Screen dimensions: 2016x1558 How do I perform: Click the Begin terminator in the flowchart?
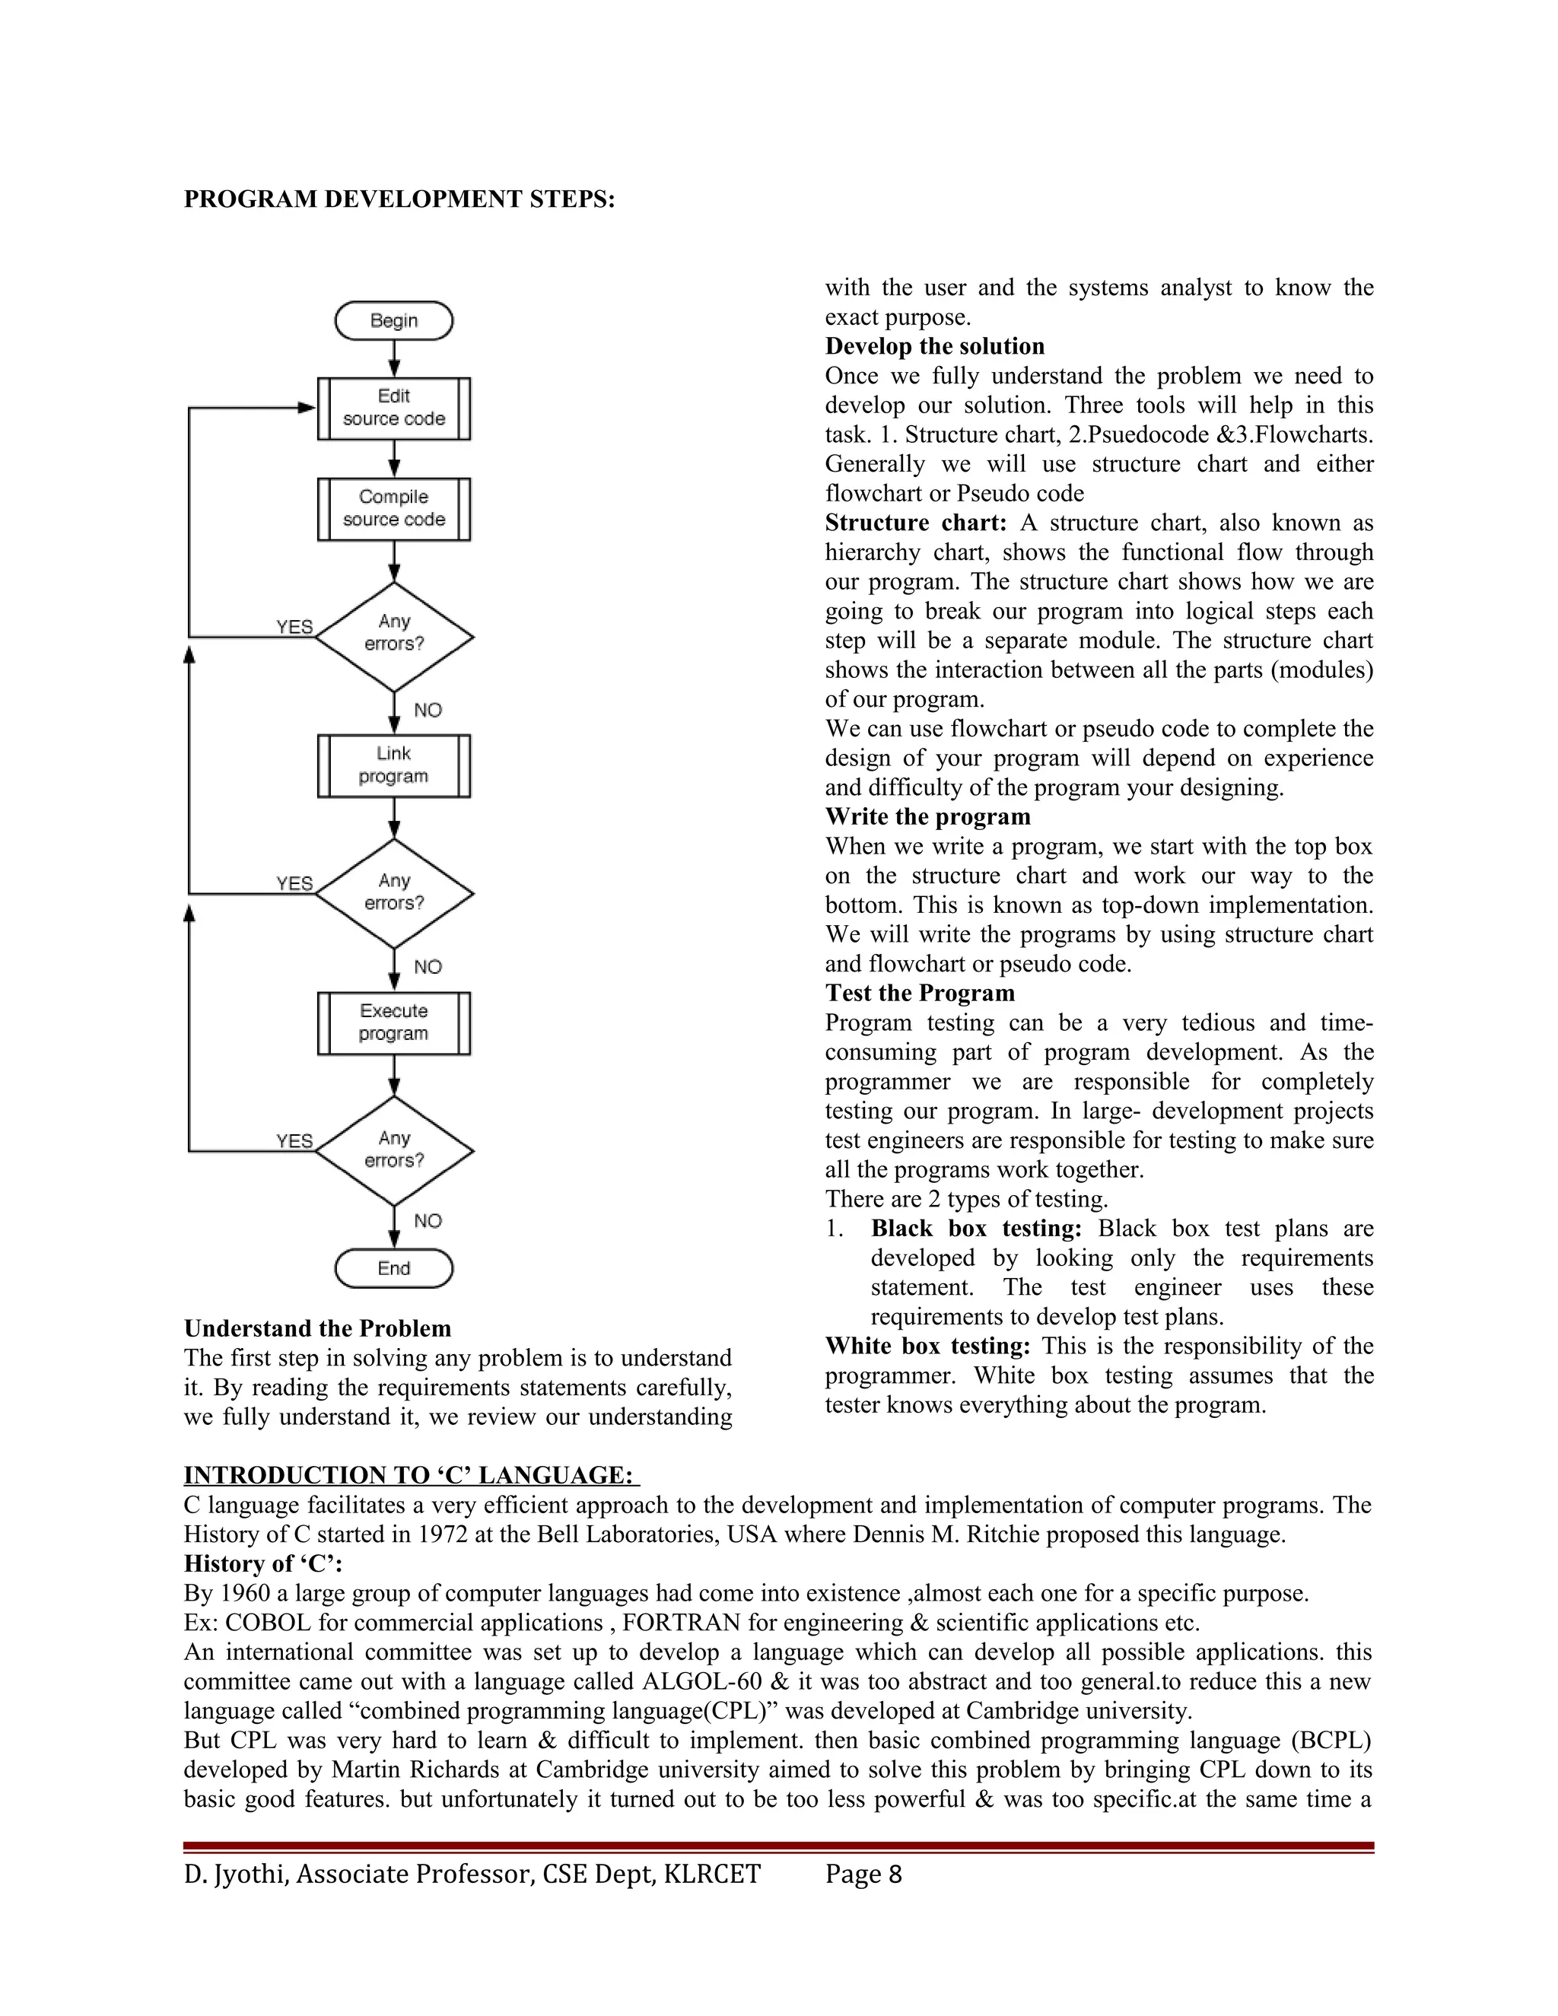(x=394, y=320)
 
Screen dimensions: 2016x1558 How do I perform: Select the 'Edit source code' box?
(x=394, y=408)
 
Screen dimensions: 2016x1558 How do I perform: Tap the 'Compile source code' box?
(x=394, y=509)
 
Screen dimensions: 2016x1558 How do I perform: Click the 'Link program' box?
(x=394, y=765)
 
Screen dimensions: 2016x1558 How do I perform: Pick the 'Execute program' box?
(x=394, y=1022)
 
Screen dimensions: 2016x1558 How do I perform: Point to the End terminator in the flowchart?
(x=394, y=1268)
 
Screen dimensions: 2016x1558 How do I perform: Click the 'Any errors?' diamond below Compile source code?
(x=394, y=636)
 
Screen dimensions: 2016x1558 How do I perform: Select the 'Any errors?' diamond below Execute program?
(x=394, y=1150)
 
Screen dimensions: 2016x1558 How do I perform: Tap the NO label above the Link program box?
(x=428, y=710)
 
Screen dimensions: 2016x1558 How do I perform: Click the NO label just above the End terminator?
(x=428, y=1221)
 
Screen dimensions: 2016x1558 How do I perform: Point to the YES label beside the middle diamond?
(x=294, y=883)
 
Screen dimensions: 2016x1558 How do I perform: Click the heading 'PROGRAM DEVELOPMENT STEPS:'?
(x=399, y=199)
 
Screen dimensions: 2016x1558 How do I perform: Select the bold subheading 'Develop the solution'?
(x=934, y=346)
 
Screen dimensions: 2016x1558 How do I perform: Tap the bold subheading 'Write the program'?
(x=927, y=817)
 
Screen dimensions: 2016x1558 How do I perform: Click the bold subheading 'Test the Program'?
(x=919, y=994)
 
